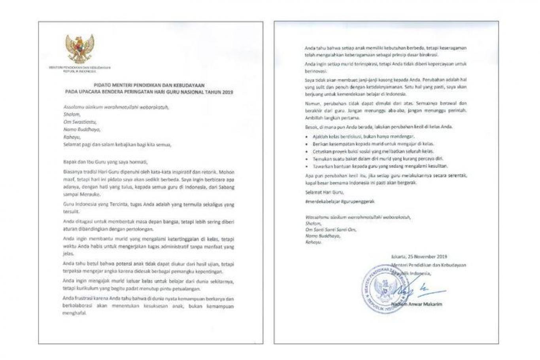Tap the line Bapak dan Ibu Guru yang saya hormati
click(105, 162)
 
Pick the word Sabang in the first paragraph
click(227, 187)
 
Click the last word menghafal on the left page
click(74, 314)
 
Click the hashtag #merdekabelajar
click(320, 201)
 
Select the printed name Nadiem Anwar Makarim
click(417, 304)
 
